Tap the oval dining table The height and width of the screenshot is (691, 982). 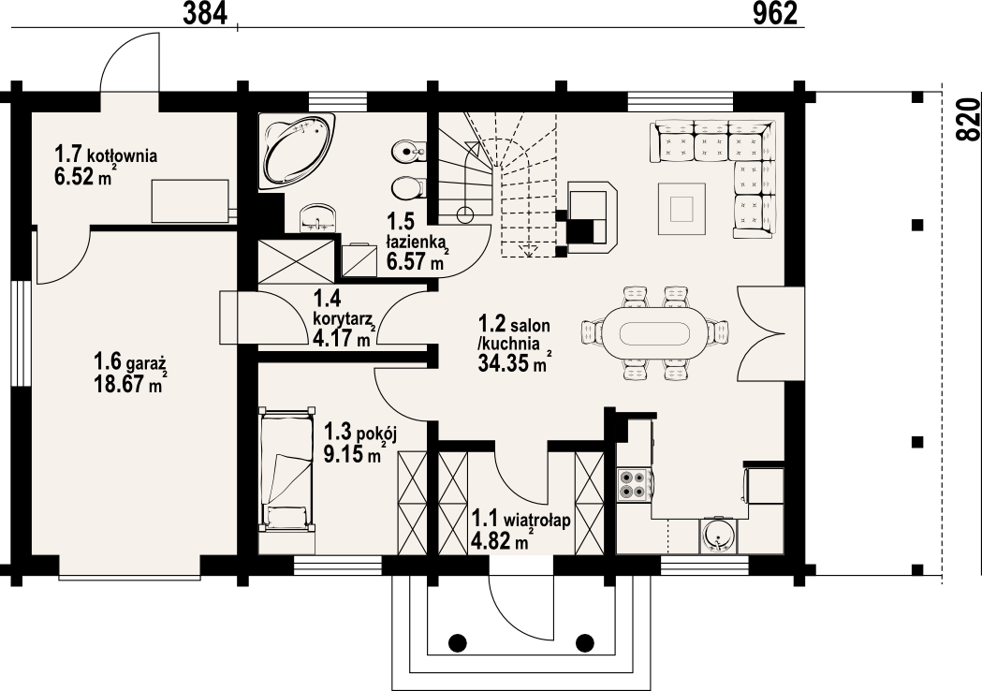pyautogui.click(x=655, y=332)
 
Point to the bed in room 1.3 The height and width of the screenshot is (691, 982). pyautogui.click(x=286, y=470)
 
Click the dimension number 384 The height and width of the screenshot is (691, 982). pyautogui.click(x=204, y=13)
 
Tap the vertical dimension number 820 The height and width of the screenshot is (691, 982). pyautogui.click(x=968, y=119)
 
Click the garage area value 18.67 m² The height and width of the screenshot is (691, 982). pyautogui.click(x=127, y=383)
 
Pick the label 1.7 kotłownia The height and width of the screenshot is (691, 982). pyautogui.click(x=105, y=154)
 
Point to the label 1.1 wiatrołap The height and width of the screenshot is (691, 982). pyautogui.click(x=521, y=520)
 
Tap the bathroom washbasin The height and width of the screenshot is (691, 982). pyautogui.click(x=318, y=218)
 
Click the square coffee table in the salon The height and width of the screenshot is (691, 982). pyautogui.click(x=682, y=209)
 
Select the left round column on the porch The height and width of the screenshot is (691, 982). pyautogui.click(x=458, y=642)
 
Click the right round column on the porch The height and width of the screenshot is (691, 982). pyautogui.click(x=585, y=642)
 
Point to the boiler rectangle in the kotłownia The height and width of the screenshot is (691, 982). pyautogui.click(x=190, y=200)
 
